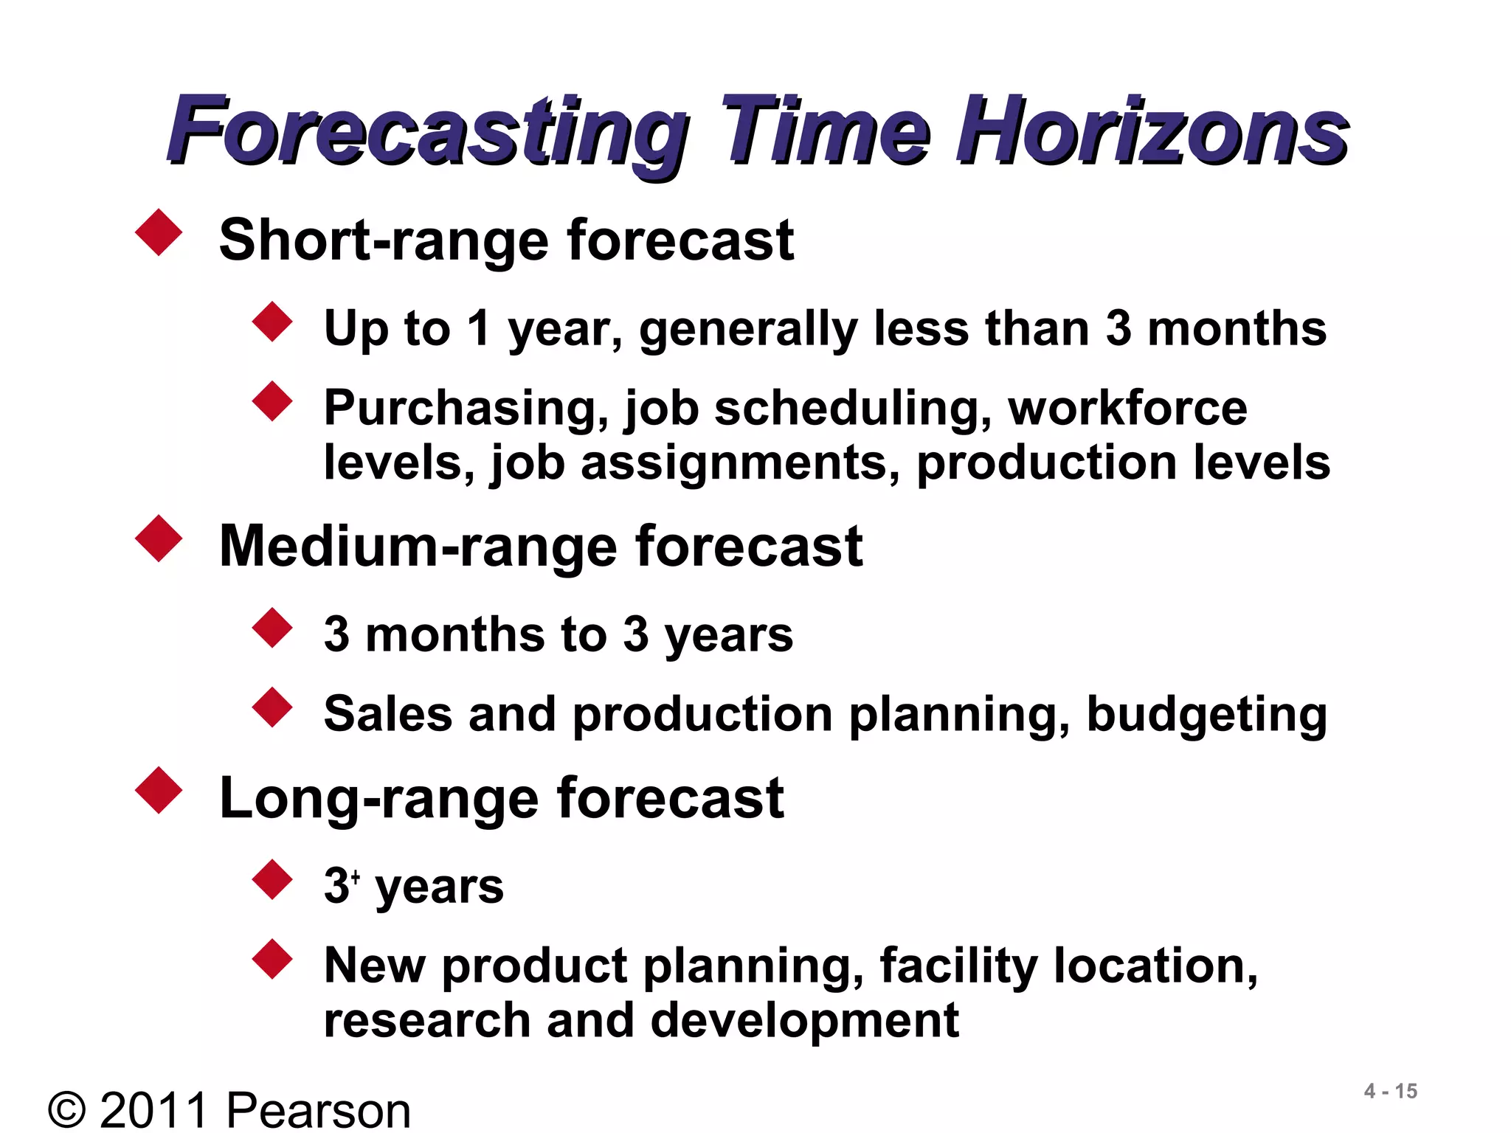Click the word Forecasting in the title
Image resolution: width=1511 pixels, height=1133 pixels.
pos(428,133)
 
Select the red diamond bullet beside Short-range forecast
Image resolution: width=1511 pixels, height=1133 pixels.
pos(159,232)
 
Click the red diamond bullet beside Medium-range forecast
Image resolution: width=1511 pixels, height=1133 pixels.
pos(159,538)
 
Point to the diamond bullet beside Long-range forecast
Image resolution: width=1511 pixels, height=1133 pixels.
pos(159,791)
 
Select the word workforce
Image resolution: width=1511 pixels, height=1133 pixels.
pos(1127,407)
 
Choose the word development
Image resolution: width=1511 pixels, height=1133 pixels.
pos(804,1021)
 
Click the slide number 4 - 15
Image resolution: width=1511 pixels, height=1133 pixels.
pos(1391,1091)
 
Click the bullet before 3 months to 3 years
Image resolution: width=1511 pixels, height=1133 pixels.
pos(272,628)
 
